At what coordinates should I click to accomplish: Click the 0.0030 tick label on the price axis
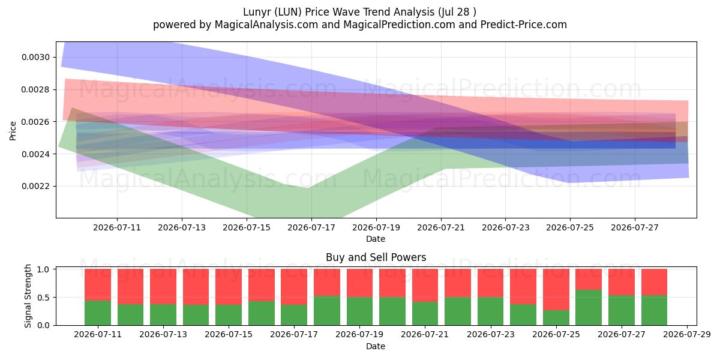pos(35,57)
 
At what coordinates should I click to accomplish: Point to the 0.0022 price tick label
pos(35,186)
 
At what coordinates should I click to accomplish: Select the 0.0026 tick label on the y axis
pos(35,122)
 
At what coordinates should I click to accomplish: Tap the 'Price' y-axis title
pos(13,131)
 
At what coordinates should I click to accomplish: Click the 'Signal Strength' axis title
pos(28,296)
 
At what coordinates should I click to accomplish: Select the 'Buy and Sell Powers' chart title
pos(376,257)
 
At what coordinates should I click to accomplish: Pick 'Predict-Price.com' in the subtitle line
pos(524,25)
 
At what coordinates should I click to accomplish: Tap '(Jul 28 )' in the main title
pos(457,12)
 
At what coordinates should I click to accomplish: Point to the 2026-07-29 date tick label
pos(687,334)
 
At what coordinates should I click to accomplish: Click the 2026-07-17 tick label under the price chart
pos(311,227)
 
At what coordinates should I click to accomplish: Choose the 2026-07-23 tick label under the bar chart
pos(491,334)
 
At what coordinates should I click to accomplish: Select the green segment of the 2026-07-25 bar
pos(556,317)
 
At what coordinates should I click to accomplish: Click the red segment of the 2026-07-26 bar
pos(589,280)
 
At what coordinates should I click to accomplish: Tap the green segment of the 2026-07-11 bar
pos(98,313)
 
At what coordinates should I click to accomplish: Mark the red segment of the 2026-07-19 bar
pos(359,283)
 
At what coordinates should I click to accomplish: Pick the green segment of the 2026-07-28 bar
pos(654,310)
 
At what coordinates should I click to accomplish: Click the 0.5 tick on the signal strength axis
pos(43,298)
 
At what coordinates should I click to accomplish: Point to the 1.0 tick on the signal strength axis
pos(43,269)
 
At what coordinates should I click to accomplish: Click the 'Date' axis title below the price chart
pos(376,239)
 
